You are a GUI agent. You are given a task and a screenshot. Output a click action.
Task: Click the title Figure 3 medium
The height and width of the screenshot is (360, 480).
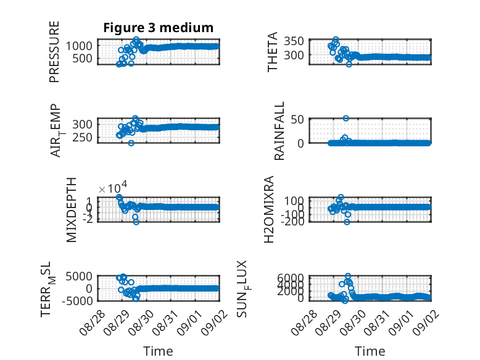click(x=159, y=28)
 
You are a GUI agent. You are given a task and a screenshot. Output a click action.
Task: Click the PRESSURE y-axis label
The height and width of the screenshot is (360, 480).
click(x=54, y=52)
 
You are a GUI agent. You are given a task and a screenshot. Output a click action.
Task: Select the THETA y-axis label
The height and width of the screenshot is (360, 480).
click(x=272, y=52)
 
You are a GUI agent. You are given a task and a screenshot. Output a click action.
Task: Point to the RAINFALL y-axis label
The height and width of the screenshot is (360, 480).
click(x=279, y=131)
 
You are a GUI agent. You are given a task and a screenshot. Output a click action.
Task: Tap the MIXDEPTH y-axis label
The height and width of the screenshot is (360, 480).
click(x=71, y=210)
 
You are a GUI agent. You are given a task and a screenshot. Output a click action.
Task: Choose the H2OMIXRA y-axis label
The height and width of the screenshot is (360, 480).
click(x=268, y=209)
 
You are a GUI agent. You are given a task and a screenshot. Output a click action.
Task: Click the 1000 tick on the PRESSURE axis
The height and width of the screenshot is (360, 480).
click(x=79, y=46)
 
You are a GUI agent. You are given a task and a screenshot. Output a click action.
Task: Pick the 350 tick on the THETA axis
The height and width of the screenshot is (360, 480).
click(x=294, y=41)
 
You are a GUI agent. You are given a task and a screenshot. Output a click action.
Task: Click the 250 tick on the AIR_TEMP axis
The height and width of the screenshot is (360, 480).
click(x=82, y=138)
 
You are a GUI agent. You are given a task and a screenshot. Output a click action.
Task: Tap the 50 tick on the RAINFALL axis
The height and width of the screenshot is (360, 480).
click(x=297, y=120)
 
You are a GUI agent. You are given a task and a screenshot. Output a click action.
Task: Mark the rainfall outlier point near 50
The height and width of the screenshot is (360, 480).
click(x=346, y=119)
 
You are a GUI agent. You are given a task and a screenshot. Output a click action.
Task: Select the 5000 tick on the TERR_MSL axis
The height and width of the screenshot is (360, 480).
click(x=79, y=277)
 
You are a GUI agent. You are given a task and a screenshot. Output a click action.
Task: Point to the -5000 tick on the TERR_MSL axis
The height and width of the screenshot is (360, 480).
click(x=77, y=301)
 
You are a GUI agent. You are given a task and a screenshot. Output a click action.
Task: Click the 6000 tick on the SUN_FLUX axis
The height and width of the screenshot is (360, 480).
click(x=291, y=278)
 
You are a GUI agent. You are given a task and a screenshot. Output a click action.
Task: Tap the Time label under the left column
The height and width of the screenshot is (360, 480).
click(x=159, y=351)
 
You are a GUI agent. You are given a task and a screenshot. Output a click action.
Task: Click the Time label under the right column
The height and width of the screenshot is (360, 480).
click(x=370, y=351)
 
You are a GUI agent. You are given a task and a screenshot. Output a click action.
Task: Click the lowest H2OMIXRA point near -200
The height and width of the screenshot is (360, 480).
click(x=347, y=222)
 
